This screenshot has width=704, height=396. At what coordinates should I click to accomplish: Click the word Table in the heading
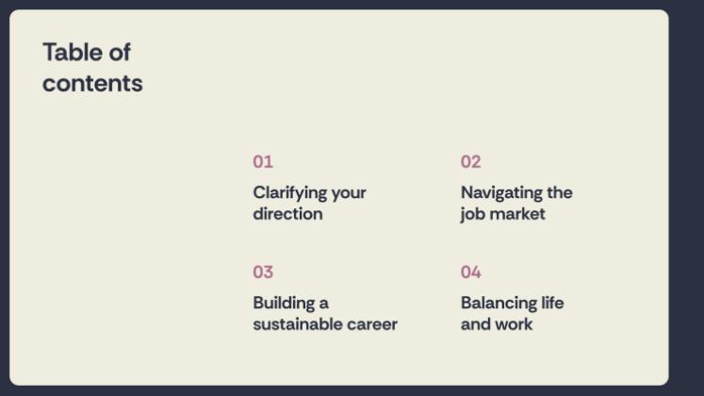click(x=71, y=52)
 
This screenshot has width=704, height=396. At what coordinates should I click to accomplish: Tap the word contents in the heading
click(x=92, y=83)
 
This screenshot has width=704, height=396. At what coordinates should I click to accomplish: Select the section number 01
click(x=263, y=161)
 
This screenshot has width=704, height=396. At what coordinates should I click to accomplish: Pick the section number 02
click(x=471, y=161)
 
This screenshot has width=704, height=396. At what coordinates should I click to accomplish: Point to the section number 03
click(x=263, y=272)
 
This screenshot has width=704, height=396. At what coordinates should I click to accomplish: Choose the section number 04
click(x=471, y=272)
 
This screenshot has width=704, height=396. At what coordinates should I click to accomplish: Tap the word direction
click(x=287, y=214)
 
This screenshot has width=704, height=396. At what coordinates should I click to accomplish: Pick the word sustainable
click(x=298, y=324)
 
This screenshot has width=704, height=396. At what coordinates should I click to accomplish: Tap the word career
click(x=372, y=324)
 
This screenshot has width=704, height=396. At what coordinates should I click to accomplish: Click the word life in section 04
click(x=553, y=303)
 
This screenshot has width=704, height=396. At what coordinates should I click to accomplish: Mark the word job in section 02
click(x=471, y=214)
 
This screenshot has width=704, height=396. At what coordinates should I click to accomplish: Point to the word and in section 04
click(x=475, y=324)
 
